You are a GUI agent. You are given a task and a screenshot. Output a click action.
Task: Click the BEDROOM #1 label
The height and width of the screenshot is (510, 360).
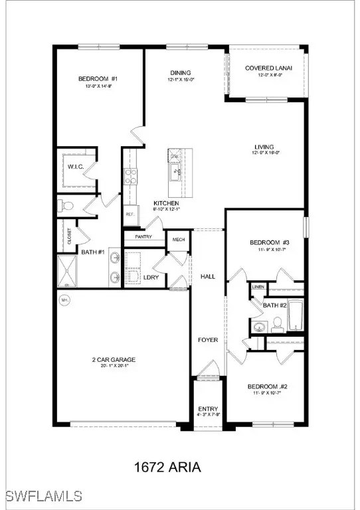tap(98, 79)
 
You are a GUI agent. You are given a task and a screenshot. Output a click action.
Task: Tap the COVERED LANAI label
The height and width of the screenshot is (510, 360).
tap(264, 68)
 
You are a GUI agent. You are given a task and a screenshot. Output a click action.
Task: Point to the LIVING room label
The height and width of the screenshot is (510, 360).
tap(264, 147)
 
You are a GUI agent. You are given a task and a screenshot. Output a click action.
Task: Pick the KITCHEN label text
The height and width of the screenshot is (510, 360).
tap(165, 203)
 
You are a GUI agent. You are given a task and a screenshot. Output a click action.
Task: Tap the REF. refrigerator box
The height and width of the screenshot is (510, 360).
tap(130, 214)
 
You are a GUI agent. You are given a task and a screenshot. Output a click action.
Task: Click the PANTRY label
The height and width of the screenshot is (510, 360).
tap(143, 236)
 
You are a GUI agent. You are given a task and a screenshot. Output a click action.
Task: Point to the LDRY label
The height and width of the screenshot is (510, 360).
tap(151, 277)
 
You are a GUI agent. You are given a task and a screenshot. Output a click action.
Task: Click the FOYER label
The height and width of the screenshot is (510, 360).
tap(207, 340)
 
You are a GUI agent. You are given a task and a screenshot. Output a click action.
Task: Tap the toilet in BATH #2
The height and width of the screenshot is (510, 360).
tap(278, 324)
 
